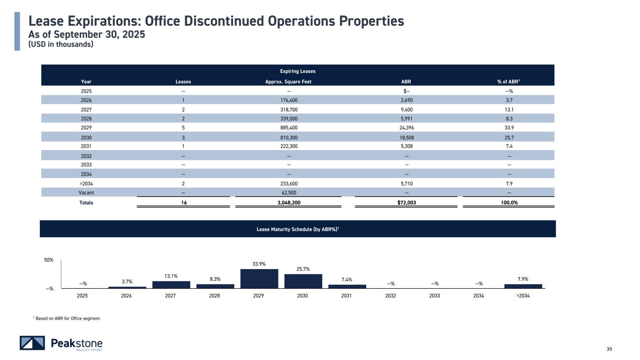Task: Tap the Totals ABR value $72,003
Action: tap(406, 202)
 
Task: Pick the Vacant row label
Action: tap(86, 193)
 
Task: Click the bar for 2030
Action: tap(303, 281)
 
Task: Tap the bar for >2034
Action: tap(523, 286)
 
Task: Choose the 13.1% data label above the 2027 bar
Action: tap(171, 276)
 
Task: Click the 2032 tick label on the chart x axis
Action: tap(391, 296)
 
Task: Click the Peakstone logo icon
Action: tap(32, 343)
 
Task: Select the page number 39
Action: tap(610, 348)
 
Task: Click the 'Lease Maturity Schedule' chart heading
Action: tap(297, 229)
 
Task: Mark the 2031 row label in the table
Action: tap(86, 146)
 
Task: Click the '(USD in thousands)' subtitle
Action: tap(61, 45)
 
